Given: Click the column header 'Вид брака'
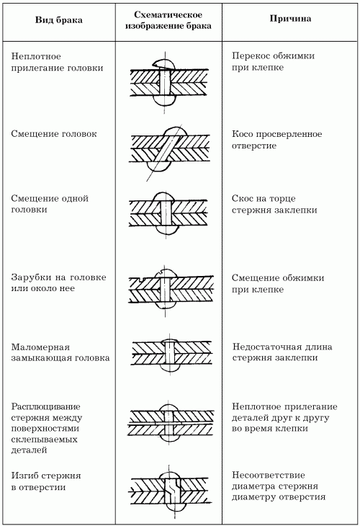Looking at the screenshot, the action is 58,20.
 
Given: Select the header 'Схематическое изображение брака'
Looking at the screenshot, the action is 168,20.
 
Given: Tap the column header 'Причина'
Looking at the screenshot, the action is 290,19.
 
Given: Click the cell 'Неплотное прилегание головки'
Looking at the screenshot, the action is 57,62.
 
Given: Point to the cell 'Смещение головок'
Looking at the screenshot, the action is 54,134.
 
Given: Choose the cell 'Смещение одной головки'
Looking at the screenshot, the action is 50,204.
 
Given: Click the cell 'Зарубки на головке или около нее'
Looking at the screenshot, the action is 58,282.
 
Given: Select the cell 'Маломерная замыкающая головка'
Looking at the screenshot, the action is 60,352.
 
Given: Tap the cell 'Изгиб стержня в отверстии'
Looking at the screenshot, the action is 46,481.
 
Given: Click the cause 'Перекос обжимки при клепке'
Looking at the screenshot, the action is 273,61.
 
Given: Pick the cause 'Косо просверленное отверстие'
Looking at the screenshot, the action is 277,140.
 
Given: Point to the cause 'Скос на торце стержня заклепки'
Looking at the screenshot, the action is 274,205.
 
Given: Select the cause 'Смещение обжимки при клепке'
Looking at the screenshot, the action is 278,283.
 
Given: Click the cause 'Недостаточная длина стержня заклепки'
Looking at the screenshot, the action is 282,352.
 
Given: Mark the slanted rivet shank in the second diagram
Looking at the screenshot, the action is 165,148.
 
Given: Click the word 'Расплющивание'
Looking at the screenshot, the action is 46,407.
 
